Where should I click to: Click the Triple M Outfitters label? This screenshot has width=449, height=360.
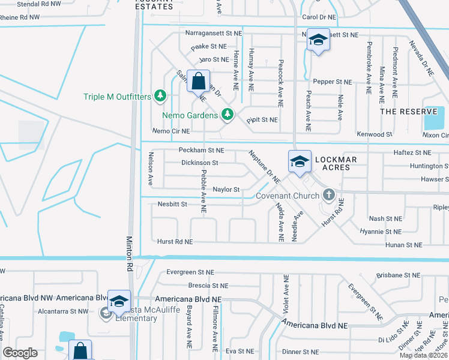pos(118,96)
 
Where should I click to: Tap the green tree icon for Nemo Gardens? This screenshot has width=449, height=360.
pos(228,114)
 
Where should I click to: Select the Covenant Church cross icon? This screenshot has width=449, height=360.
pos(328,194)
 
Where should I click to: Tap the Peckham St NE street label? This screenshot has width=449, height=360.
pos(201,150)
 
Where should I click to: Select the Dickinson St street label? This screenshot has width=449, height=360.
pos(199,163)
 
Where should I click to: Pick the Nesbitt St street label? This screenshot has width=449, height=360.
pos(172,204)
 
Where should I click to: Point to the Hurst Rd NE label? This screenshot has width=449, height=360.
pos(175,241)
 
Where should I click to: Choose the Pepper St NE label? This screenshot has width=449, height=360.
pos(332,82)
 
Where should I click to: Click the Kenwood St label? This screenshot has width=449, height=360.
pos(375,134)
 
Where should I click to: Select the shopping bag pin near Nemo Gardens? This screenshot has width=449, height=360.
pos(198,81)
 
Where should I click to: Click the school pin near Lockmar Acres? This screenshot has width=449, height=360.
pos(300,161)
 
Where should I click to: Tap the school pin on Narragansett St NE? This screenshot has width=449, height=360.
pos(318,40)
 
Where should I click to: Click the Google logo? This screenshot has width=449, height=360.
pos(20,353)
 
